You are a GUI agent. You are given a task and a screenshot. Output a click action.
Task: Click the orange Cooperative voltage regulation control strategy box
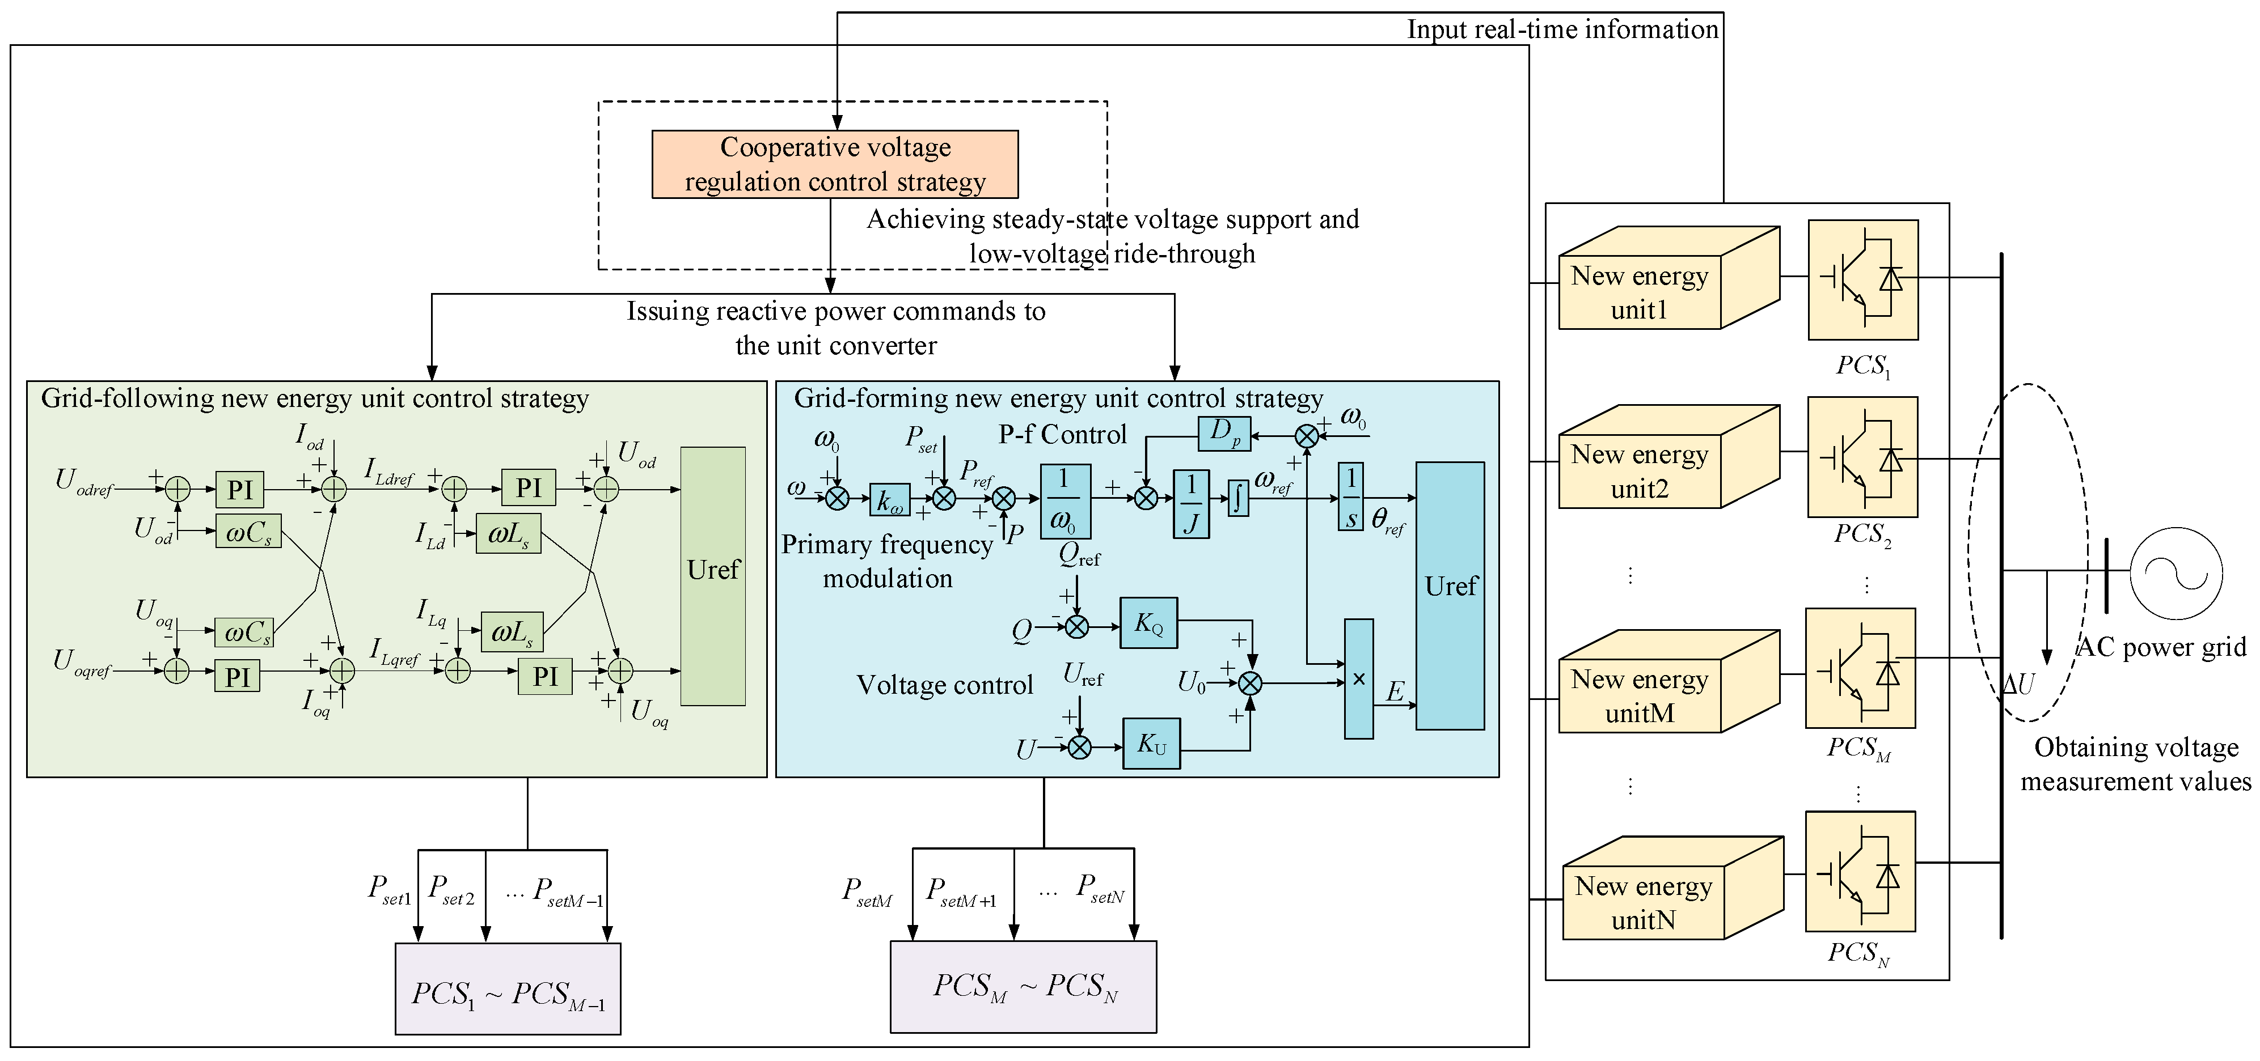(x=834, y=164)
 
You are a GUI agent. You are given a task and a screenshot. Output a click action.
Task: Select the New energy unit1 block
(x=1639, y=292)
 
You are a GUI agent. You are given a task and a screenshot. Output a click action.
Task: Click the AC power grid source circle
(x=2175, y=574)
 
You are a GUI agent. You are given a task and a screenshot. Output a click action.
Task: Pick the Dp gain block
(x=1224, y=433)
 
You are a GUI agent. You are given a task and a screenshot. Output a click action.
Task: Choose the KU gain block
(x=1151, y=744)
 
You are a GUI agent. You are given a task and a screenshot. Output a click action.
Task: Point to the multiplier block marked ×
(x=1358, y=678)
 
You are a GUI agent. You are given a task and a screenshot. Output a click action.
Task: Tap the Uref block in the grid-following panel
(x=712, y=576)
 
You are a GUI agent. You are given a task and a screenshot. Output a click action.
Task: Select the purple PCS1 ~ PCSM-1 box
(x=508, y=989)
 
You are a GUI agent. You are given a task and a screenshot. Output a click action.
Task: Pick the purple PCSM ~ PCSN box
(x=1023, y=986)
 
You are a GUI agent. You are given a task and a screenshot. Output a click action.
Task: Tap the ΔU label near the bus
(x=2020, y=684)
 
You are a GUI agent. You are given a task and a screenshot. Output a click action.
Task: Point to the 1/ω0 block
(x=1065, y=500)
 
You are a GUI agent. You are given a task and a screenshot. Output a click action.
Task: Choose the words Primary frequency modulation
(x=887, y=561)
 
